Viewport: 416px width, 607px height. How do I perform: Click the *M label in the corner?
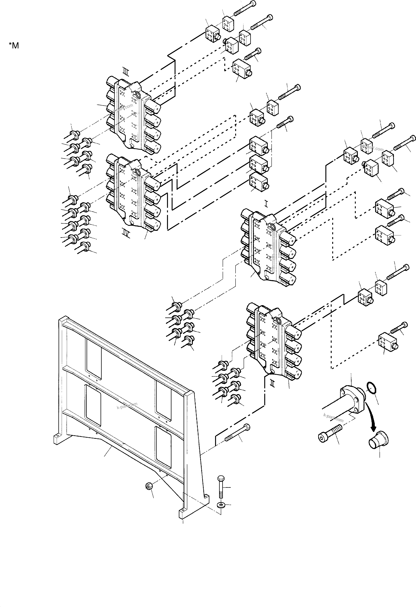pos(14,45)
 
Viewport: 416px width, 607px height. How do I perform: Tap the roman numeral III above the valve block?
pos(126,71)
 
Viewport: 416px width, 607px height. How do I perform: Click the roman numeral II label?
pos(272,383)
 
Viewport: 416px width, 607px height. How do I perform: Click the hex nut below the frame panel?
pos(149,486)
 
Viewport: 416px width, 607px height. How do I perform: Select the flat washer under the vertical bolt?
pos(221,504)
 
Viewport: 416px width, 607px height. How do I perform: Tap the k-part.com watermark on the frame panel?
pos(127,406)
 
